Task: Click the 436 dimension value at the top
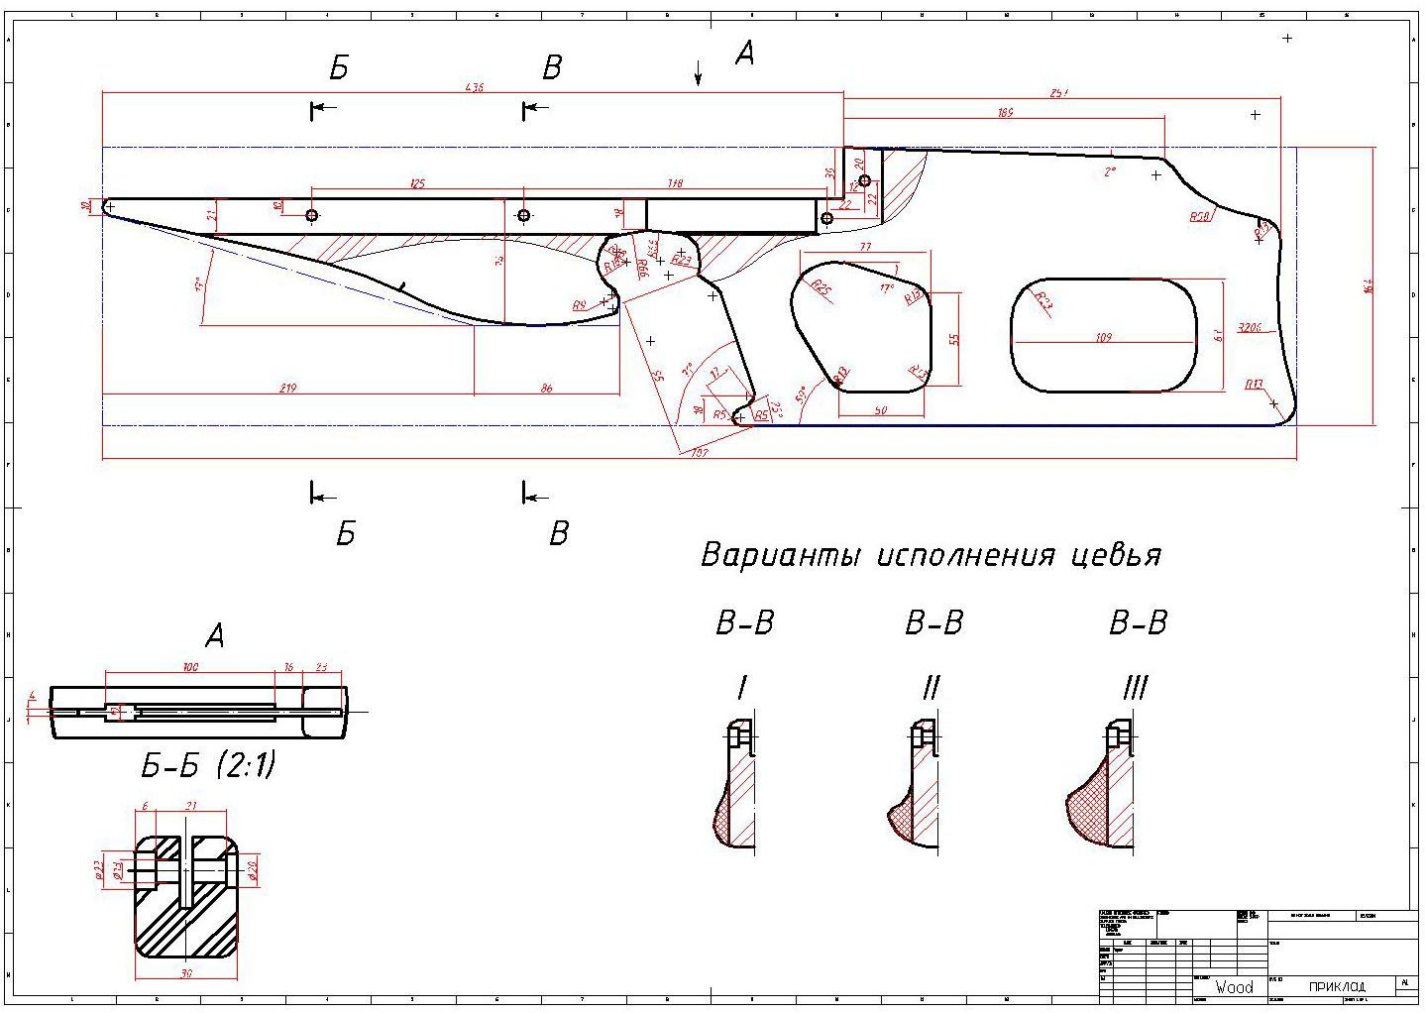pyautogui.click(x=474, y=88)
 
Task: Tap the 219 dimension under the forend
pyautogui.click(x=288, y=388)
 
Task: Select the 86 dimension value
pyautogui.click(x=547, y=388)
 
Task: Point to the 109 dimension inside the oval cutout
pyautogui.click(x=1104, y=338)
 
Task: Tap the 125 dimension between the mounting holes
pyautogui.click(x=417, y=183)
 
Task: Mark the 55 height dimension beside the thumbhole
pyautogui.click(x=955, y=338)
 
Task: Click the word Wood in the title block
pyautogui.click(x=1234, y=986)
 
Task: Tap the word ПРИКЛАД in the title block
pyautogui.click(x=1337, y=986)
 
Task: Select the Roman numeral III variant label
pyautogui.click(x=1135, y=687)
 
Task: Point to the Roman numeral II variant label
pyautogui.click(x=930, y=687)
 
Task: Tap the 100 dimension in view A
pyautogui.click(x=190, y=667)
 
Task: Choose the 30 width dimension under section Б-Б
pyautogui.click(x=186, y=972)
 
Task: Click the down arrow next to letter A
pyautogui.click(x=699, y=72)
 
